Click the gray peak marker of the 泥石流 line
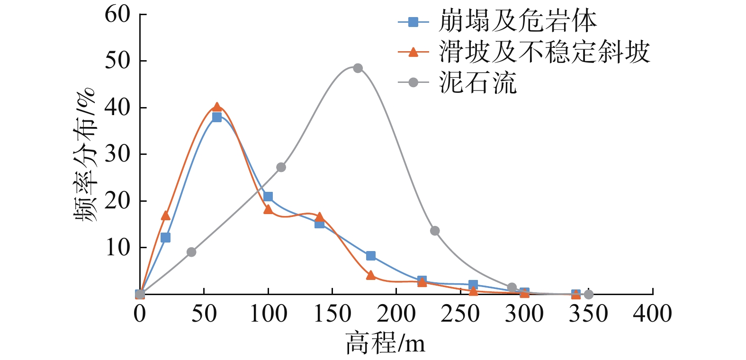click(358, 68)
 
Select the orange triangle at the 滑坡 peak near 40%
click(217, 108)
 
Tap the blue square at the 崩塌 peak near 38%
click(217, 117)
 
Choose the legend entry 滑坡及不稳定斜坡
click(544, 52)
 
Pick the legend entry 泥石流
click(477, 83)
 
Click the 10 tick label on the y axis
click(117, 247)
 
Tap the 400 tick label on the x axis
click(652, 314)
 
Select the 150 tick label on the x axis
click(332, 314)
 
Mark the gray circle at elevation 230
click(435, 231)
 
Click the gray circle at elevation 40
click(191, 252)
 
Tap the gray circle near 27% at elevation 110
click(281, 167)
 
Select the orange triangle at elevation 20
click(166, 216)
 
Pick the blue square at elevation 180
click(371, 256)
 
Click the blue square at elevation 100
click(268, 197)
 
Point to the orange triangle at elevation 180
click(371, 275)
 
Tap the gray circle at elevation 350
click(588, 295)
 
